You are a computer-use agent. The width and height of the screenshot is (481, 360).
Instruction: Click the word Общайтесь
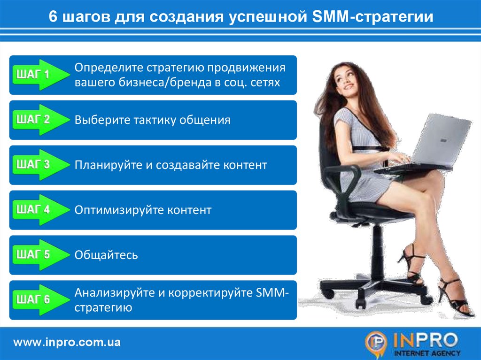[x=106, y=255]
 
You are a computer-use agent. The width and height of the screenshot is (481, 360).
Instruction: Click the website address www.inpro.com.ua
[x=67, y=342]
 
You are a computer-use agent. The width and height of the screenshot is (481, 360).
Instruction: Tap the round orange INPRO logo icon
[x=376, y=343]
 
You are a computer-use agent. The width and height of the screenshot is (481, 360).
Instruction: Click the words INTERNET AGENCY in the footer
[x=427, y=353]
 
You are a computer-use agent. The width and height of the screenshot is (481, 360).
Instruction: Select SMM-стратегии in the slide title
[x=372, y=16]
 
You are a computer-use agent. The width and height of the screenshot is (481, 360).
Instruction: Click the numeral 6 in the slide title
[x=53, y=16]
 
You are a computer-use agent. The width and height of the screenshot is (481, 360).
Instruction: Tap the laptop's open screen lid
[x=441, y=139]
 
